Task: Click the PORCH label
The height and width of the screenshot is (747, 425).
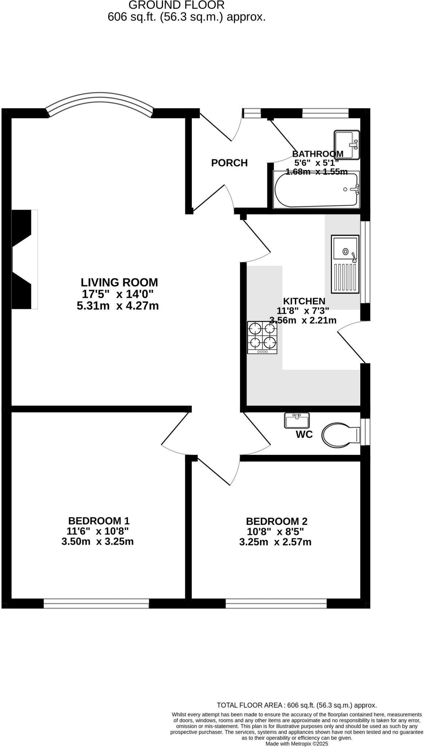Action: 229,163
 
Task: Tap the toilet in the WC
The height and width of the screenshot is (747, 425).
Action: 340,435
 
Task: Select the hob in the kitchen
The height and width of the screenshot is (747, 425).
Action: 262,337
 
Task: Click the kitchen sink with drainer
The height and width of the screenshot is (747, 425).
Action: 345,264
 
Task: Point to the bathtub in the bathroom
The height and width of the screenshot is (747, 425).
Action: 316,190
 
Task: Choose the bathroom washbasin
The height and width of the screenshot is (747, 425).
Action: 347,144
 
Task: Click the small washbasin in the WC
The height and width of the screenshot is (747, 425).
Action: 297,421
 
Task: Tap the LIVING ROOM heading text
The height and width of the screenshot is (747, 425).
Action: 119,282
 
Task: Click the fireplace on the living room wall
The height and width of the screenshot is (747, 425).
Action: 25,259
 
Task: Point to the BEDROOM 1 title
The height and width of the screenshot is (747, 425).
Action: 99,520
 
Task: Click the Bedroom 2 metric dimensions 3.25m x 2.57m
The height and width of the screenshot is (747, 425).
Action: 275,542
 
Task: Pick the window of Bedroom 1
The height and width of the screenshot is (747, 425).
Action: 96,604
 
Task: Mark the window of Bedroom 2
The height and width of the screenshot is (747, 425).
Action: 276,604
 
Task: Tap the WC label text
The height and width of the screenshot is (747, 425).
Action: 304,434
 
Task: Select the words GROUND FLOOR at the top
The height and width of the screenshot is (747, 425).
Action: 177,5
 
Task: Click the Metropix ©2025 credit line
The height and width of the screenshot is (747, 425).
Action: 297,743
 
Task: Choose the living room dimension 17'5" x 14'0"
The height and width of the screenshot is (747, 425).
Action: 117,294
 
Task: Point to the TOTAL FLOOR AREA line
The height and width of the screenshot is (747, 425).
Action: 297,705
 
